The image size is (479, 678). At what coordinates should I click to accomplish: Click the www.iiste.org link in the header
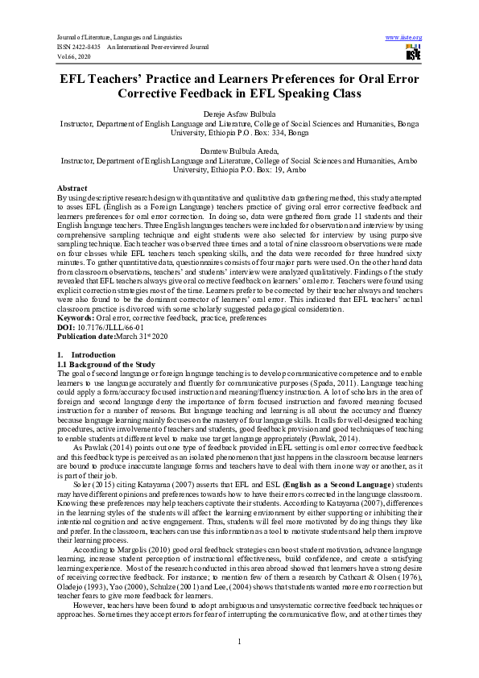(404, 38)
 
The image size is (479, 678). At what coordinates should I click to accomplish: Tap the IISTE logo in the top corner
(414, 53)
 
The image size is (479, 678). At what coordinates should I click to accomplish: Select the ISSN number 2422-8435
(81, 48)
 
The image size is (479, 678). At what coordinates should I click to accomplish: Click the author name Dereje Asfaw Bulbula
(239, 114)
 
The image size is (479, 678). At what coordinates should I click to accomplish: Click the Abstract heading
(74, 187)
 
